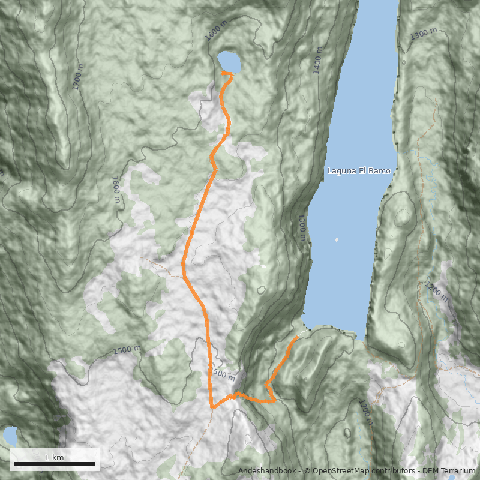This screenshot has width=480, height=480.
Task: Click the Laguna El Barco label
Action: click(359, 171)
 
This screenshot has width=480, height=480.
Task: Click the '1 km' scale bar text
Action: click(54, 457)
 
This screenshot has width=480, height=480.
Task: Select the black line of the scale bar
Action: click(55, 464)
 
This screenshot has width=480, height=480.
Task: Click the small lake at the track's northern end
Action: click(229, 61)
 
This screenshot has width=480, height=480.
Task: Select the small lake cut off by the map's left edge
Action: click(8, 436)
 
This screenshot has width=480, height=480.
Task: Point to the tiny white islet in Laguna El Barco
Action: click(337, 240)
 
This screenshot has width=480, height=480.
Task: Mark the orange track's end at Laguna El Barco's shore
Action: click(296, 338)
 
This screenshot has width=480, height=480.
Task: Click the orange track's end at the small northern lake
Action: click(223, 73)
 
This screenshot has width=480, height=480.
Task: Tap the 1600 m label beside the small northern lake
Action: click(216, 30)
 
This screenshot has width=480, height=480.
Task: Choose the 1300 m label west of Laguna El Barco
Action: click(301, 229)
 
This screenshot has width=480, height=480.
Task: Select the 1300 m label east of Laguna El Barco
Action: click(425, 34)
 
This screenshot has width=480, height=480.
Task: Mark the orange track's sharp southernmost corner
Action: click(212, 408)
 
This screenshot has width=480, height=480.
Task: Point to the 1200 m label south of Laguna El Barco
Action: click(365, 413)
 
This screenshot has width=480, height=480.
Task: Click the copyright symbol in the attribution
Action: click(307, 471)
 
